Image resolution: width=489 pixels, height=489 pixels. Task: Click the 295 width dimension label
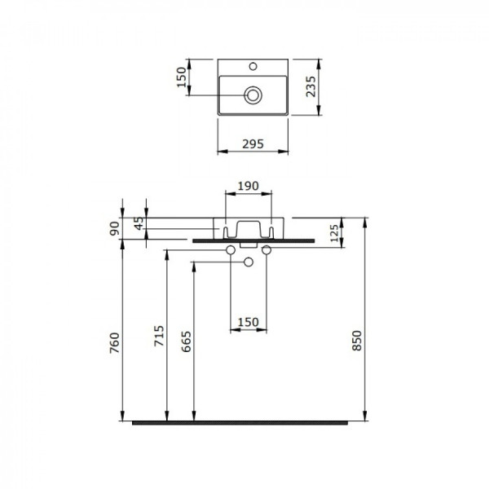pos(253,144)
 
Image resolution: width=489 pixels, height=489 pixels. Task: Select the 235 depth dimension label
pos(311,86)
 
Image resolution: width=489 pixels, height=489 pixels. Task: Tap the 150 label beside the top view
pos(181,77)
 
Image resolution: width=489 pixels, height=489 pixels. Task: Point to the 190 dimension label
pos(249,186)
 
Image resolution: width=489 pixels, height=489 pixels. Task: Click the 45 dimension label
pos(139,223)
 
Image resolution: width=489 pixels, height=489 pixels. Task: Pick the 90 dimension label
pos(114,228)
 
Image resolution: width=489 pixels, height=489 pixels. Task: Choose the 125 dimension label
pos(334,233)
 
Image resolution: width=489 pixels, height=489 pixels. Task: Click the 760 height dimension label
pos(115,343)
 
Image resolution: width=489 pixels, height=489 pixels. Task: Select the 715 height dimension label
pos(159,336)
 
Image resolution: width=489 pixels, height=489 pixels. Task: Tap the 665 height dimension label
pos(186,341)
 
